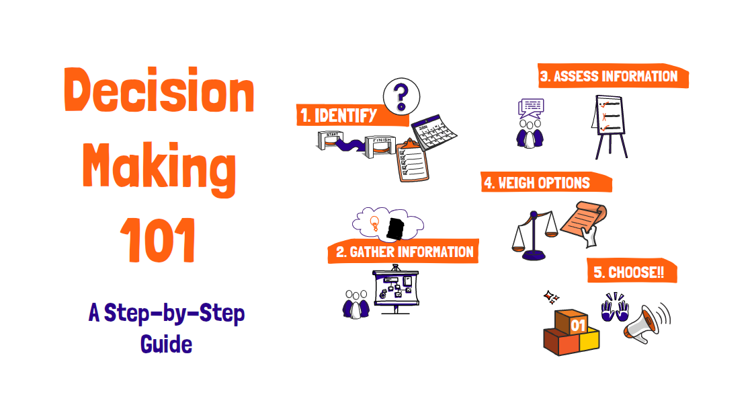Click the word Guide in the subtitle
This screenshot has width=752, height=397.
click(167, 344)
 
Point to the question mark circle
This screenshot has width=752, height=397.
click(401, 96)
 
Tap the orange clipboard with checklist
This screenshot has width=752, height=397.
click(411, 161)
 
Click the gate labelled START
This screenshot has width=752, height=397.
click(331, 141)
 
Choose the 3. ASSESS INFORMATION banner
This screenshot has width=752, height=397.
click(608, 76)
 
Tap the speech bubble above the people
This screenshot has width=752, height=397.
click(531, 106)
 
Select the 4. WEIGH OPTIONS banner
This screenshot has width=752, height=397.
click(544, 182)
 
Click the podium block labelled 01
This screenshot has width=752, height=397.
click(578, 322)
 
